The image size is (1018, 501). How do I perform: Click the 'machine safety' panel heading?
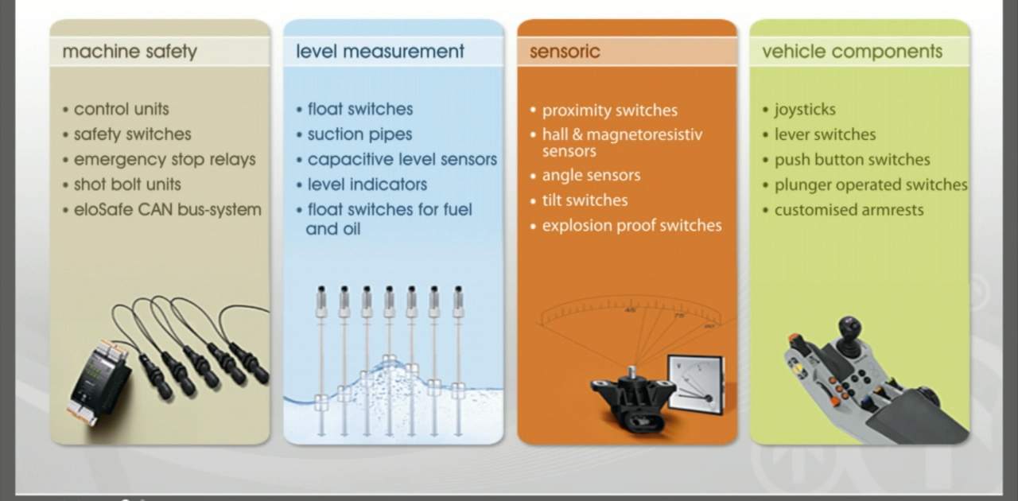coord(130,52)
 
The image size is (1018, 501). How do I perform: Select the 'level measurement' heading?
coord(380,52)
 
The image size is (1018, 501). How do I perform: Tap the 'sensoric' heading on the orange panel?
coord(565,52)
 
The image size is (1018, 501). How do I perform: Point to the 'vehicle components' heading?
coord(852,52)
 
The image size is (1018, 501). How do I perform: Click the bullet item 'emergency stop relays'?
coord(165,160)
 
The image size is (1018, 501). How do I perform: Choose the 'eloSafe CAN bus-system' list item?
coord(167,210)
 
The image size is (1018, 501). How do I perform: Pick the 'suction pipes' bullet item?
coord(359,134)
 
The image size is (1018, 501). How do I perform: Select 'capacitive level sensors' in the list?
coord(402,160)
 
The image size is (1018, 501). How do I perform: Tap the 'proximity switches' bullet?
coord(609,111)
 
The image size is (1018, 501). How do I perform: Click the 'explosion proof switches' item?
coord(631,226)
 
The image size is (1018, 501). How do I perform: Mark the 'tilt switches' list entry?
coord(585,200)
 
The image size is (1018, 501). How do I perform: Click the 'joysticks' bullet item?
coord(805,110)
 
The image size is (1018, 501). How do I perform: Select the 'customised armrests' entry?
coord(849,210)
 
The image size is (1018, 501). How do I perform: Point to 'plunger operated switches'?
coord(871,185)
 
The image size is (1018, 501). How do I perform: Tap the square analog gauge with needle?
coord(696,385)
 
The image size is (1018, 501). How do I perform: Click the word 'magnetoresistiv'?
coord(644,134)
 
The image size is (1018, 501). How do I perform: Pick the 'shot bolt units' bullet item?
coord(127,184)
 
